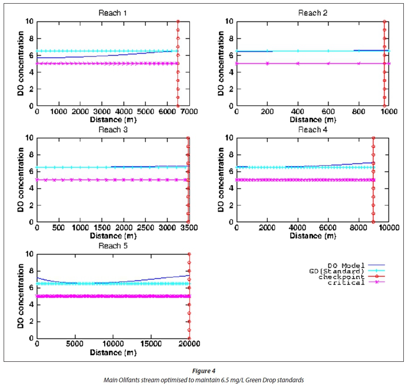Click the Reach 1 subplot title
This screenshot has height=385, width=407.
[x=113, y=13]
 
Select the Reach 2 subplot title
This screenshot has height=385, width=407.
[x=310, y=13]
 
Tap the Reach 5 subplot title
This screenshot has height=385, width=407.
[x=113, y=246]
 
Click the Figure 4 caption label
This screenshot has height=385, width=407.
[x=203, y=372]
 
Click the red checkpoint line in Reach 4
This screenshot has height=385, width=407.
[x=373, y=191]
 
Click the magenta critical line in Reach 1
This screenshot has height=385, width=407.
[x=91, y=63]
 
